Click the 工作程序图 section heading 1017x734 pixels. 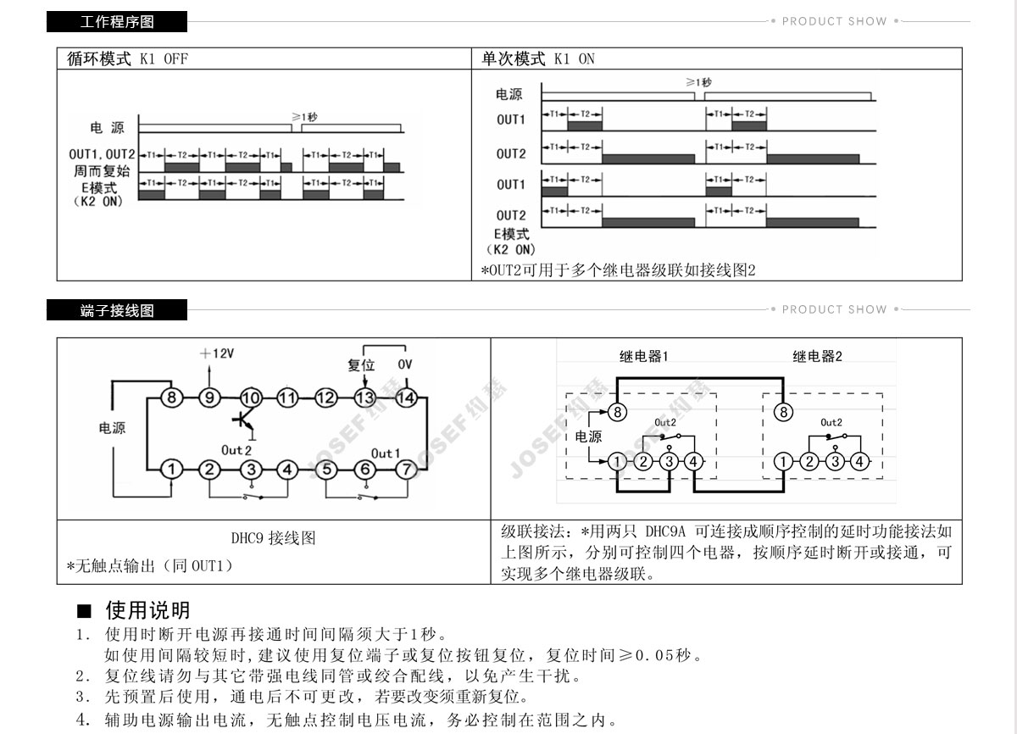[117, 22]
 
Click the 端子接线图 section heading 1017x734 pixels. [117, 310]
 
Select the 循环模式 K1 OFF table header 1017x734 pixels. [127, 58]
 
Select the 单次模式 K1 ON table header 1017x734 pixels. [538, 58]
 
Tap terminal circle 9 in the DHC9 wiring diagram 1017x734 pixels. [210, 397]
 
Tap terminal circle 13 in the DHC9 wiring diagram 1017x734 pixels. [365, 397]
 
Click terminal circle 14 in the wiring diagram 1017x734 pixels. [405, 397]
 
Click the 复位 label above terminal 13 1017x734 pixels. [361, 365]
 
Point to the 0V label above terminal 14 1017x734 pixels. [405, 365]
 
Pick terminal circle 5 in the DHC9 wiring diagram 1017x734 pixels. [327, 469]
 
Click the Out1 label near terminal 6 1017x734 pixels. [386, 453]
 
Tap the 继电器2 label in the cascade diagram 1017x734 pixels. [817, 357]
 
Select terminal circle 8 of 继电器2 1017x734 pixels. [784, 412]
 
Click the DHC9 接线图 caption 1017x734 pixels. [273, 538]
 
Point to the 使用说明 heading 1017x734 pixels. [147, 610]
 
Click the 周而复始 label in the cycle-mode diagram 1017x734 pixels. [101, 170]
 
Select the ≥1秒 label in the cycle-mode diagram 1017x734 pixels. [305, 116]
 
